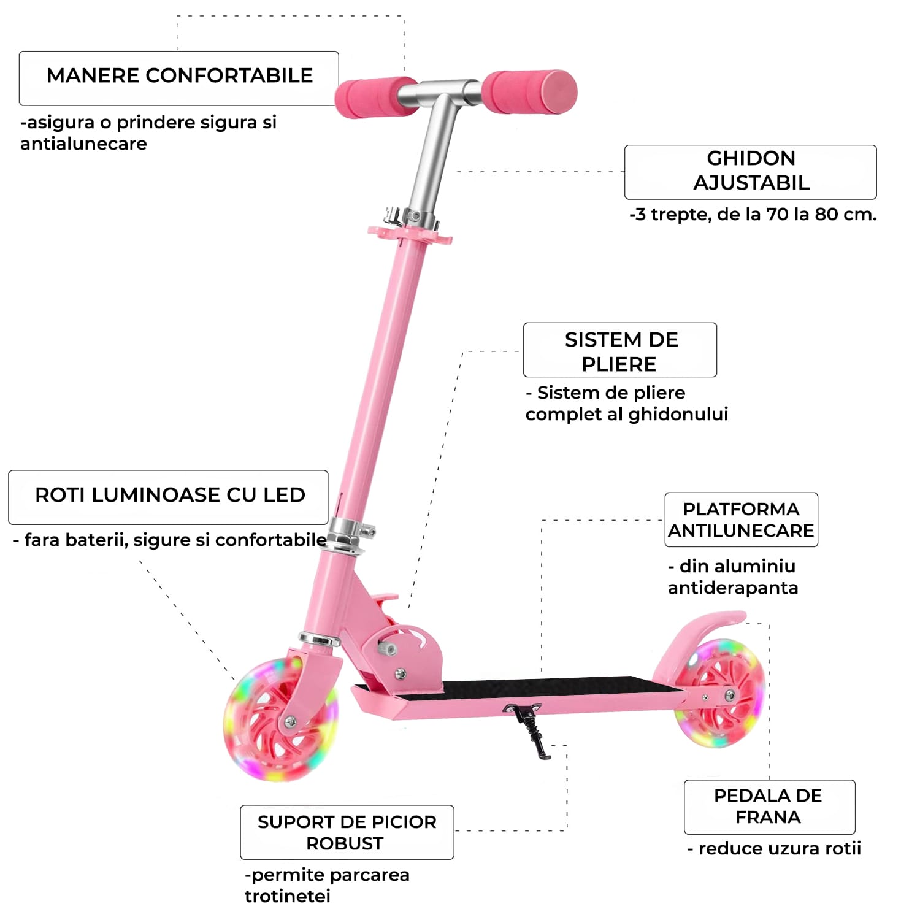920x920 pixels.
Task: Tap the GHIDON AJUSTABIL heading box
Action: pyautogui.click(x=750, y=172)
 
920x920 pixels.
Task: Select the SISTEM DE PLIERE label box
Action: pyautogui.click(x=619, y=350)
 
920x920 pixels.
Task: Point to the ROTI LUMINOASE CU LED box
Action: pyautogui.click(x=169, y=497)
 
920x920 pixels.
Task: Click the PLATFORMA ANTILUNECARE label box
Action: pyautogui.click(x=741, y=519)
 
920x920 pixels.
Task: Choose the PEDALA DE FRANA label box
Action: pyautogui.click(x=769, y=807)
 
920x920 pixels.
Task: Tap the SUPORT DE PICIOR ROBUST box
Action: pyautogui.click(x=347, y=832)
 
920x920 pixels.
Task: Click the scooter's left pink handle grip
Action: pyautogui.click(x=374, y=97)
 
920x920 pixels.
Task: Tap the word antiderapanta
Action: pyautogui.click(x=733, y=588)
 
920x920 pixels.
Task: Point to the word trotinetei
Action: pyautogui.click(x=288, y=897)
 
